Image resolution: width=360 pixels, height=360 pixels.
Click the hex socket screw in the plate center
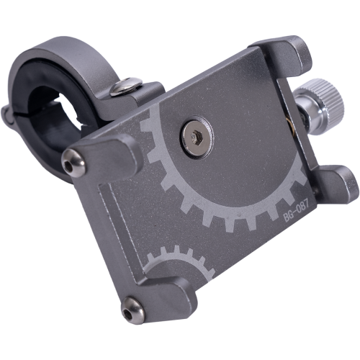click(x=197, y=138)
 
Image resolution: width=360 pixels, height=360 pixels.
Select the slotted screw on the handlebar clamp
click(x=125, y=86)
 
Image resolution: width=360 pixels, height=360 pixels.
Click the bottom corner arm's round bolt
click(x=133, y=311)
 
